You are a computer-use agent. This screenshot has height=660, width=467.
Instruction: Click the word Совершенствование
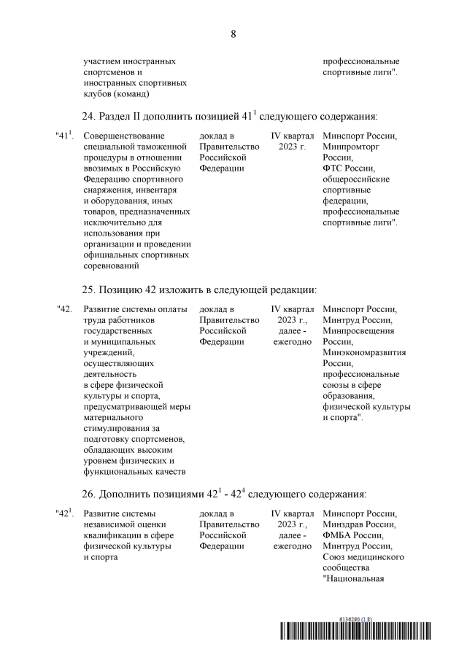click(x=124, y=136)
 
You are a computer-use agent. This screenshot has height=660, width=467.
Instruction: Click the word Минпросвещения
click(x=358, y=330)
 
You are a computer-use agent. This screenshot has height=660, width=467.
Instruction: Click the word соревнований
click(x=113, y=267)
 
